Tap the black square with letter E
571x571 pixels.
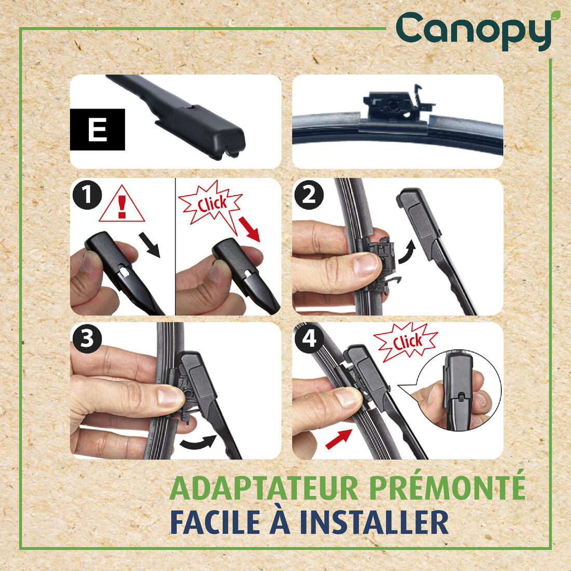[98, 129]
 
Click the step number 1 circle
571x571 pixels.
[86, 196]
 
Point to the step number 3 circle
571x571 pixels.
[86, 339]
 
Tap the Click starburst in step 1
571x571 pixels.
[210, 203]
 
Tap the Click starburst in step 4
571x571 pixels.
[406, 342]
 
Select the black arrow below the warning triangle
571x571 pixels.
[150, 244]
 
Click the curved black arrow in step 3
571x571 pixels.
[198, 443]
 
